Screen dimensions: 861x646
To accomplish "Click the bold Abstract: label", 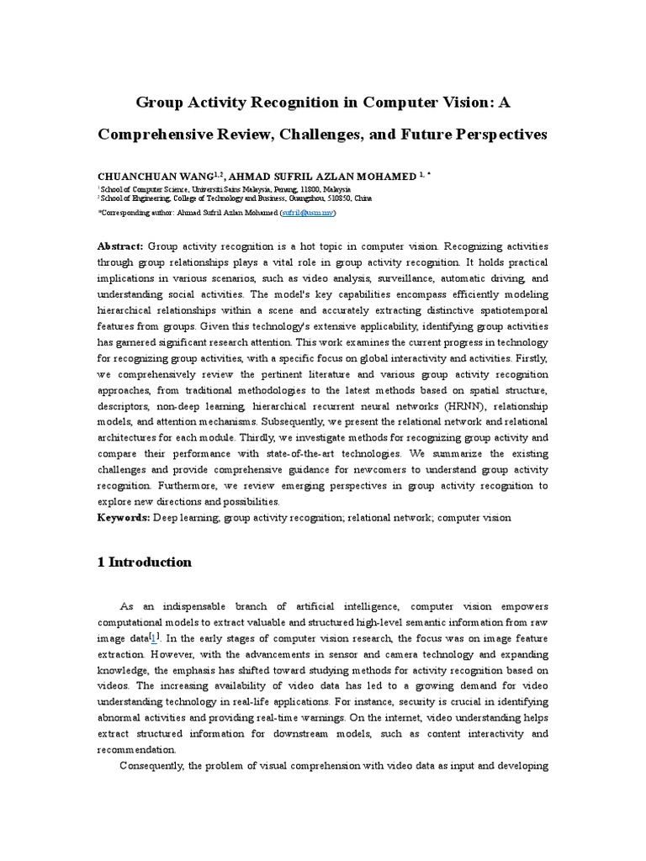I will coord(121,246).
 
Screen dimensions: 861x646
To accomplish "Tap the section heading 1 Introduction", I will coord(145,563).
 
